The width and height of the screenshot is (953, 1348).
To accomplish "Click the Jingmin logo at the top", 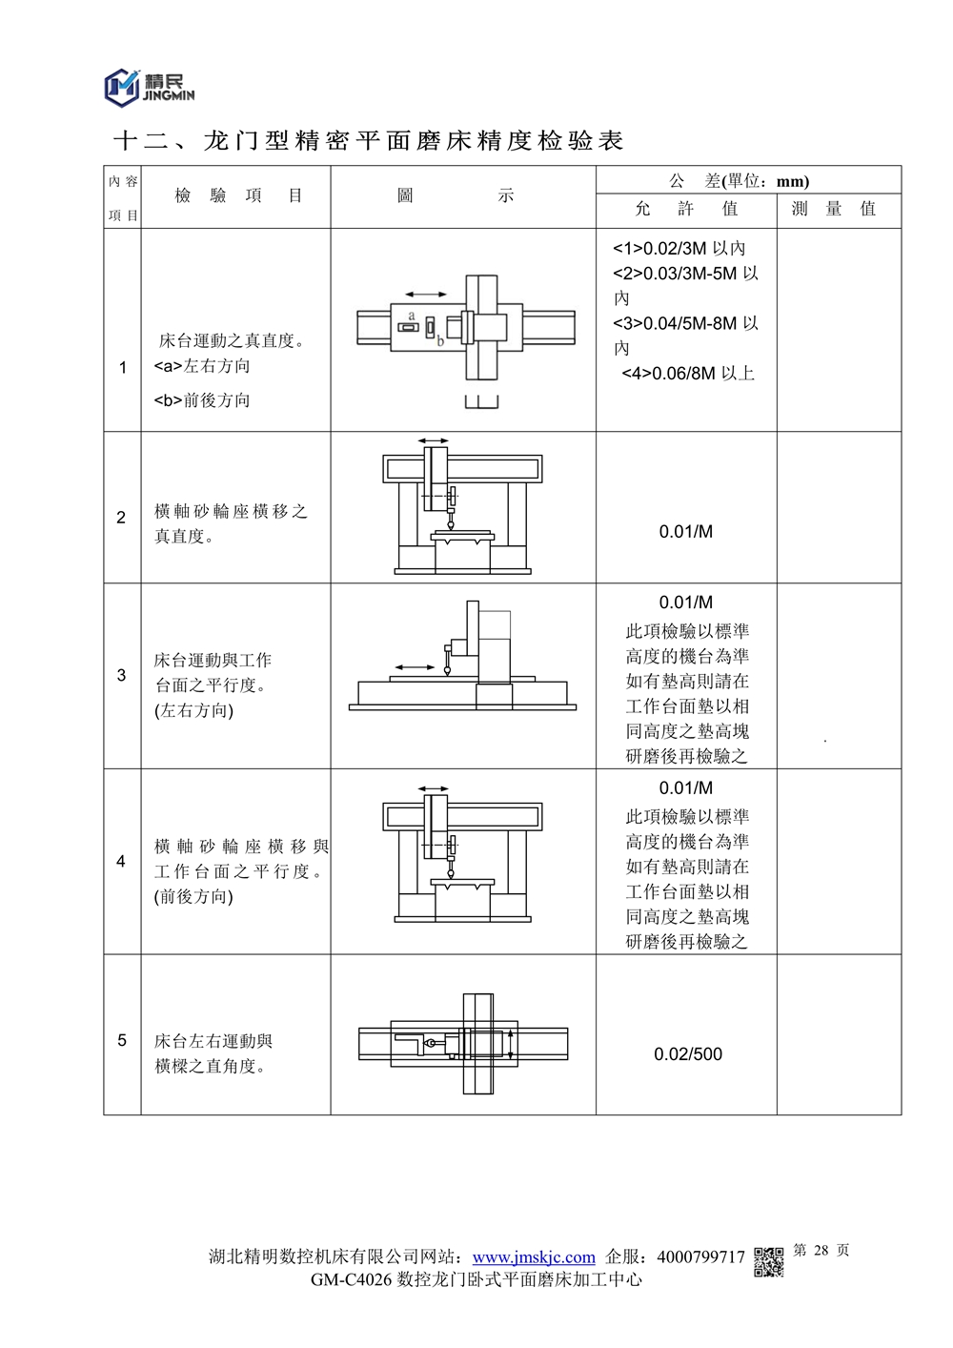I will pos(149,87).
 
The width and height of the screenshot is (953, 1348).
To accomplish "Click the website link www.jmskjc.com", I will pos(534,1257).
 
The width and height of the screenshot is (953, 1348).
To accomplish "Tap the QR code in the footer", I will pos(769,1261).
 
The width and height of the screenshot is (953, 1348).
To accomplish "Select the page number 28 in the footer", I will pos(821,1250).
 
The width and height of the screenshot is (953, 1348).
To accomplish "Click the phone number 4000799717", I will pos(700,1257).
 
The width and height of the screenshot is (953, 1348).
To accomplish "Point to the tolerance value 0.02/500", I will pos(688,1054).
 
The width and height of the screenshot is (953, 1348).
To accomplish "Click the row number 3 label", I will pos(121,675).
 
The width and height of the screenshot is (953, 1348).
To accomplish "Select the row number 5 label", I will pos(122,1040).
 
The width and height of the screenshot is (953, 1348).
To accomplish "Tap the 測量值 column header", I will pos(834,209).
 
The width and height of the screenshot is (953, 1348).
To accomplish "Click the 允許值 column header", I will pos(686,209).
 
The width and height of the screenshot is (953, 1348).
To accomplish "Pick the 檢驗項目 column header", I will pos(238,195).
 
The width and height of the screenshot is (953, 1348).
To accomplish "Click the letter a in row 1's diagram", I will pos(412,315).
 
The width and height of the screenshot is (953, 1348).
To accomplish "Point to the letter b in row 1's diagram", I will pos(440,341).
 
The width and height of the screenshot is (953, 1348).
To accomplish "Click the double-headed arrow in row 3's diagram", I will pos(415,667).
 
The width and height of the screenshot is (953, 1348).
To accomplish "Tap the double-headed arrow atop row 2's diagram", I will pos(434,441).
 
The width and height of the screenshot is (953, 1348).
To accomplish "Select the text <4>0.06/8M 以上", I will pos(688,374).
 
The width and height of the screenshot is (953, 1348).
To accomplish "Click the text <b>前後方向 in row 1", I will pos(202,400).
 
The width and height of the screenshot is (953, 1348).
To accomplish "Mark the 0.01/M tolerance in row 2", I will pos(686,532).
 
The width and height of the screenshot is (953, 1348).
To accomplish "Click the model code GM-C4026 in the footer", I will pos(351,1280).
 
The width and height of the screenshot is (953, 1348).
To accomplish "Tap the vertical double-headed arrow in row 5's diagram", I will pos(512,1044).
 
